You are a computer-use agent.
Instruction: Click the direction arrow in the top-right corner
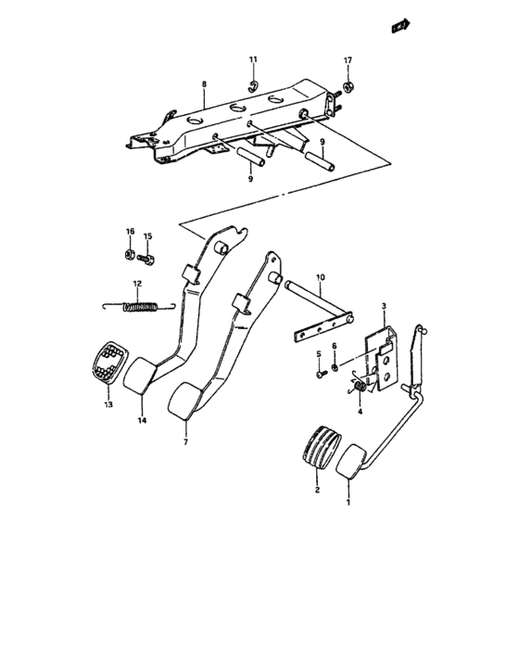(401, 27)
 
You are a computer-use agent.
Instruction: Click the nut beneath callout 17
(348, 88)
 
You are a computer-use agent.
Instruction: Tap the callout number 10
(320, 277)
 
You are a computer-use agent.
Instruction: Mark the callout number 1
(348, 502)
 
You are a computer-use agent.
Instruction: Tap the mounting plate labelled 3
(382, 352)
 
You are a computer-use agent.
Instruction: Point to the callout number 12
(136, 284)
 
